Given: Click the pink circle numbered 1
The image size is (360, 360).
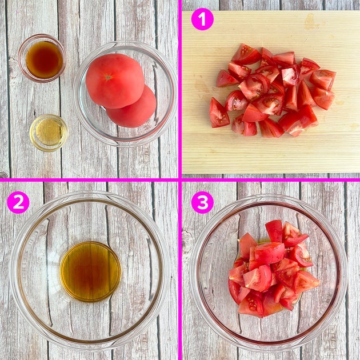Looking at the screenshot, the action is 202,19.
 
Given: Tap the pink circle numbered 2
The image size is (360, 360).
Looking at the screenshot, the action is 18,202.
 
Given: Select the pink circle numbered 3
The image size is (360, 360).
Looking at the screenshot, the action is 202,202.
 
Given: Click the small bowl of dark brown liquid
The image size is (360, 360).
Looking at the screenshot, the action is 42,58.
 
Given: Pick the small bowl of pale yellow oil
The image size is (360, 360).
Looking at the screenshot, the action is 49,133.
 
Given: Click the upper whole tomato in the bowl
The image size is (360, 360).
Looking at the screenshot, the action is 115,81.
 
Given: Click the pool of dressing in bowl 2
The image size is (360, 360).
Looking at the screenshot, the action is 90,271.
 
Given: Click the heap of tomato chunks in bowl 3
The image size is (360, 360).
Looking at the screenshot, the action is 273,269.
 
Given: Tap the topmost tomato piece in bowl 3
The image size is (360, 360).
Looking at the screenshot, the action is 274,230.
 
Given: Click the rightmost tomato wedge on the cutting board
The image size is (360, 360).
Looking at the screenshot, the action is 323,79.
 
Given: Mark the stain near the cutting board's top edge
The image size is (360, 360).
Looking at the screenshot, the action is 310,21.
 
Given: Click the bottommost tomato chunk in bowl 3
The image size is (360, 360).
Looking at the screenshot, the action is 251,305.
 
